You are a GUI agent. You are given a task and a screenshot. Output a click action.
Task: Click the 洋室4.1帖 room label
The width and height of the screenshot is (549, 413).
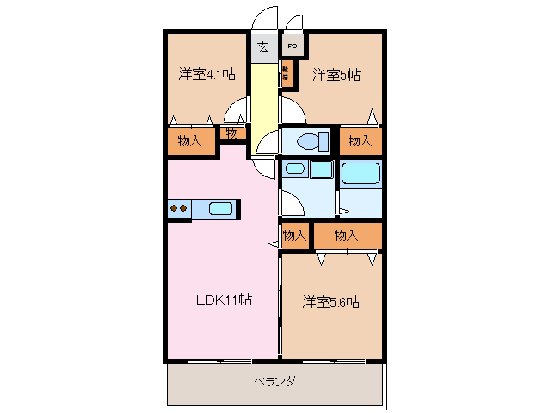pyautogui.click(x=207, y=74)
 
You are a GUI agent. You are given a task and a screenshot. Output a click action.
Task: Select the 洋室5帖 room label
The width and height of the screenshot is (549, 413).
pyautogui.click(x=336, y=74)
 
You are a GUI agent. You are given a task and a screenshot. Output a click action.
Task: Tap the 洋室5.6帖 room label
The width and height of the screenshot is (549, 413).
pyautogui.click(x=330, y=302)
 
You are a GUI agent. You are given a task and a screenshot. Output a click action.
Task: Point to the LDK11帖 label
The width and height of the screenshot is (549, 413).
pyautogui.click(x=223, y=300)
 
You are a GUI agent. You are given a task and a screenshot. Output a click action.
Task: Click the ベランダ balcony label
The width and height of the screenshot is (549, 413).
pyautogui.click(x=275, y=381)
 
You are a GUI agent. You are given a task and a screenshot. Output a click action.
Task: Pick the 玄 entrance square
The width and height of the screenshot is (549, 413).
pyautogui.click(x=262, y=46)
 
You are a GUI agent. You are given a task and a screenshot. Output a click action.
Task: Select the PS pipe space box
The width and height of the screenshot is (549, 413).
pyautogui.click(x=293, y=46)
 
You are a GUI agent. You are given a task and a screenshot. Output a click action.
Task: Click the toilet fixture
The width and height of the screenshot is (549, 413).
pyautogui.click(x=306, y=141)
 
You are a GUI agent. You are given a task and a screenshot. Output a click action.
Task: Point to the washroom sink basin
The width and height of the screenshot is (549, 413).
pyautogui.click(x=295, y=170)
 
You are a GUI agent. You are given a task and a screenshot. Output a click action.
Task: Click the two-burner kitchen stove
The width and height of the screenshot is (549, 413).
pyautogui.click(x=179, y=208)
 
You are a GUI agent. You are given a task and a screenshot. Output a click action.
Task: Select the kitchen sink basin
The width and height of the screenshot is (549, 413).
pyautogui.click(x=220, y=208)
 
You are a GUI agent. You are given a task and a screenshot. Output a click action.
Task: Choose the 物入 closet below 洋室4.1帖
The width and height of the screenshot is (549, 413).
pyautogui.click(x=189, y=141)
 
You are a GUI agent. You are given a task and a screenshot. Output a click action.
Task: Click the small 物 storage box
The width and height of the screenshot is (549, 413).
pyautogui.click(x=232, y=133)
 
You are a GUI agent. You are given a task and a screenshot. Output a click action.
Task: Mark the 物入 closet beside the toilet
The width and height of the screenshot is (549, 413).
pyautogui.click(x=360, y=141)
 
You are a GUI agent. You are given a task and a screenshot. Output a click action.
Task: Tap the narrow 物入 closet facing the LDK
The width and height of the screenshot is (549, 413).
pyautogui.click(x=295, y=235)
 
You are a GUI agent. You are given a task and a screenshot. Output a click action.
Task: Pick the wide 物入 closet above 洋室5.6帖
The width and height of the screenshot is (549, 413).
pyautogui.click(x=347, y=235)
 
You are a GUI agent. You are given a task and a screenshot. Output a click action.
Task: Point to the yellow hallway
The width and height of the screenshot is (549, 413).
pyautogui.click(x=263, y=103)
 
